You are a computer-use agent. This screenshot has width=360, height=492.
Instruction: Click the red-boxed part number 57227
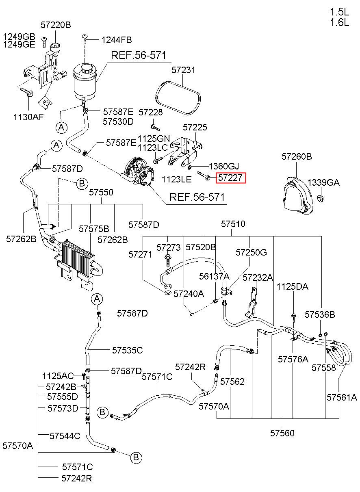[231, 178]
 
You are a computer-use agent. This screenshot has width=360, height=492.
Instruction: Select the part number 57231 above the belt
[183, 70]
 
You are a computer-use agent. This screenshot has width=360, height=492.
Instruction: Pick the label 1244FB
[117, 40]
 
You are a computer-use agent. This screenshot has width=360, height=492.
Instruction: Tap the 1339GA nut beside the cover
[321, 198]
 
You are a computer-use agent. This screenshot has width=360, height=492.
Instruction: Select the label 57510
[233, 224]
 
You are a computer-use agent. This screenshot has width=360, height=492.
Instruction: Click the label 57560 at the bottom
[282, 433]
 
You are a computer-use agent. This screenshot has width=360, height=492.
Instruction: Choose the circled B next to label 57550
[82, 183]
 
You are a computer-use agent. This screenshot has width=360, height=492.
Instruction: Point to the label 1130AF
[28, 117]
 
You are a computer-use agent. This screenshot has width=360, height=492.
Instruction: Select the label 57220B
[56, 25]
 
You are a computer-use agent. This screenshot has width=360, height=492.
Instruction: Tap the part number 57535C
[128, 350]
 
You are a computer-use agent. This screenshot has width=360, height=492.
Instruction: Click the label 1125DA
[293, 286]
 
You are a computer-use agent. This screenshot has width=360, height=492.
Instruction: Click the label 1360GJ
[224, 166]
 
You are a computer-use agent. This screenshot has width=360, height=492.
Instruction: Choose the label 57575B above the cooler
[94, 229]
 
